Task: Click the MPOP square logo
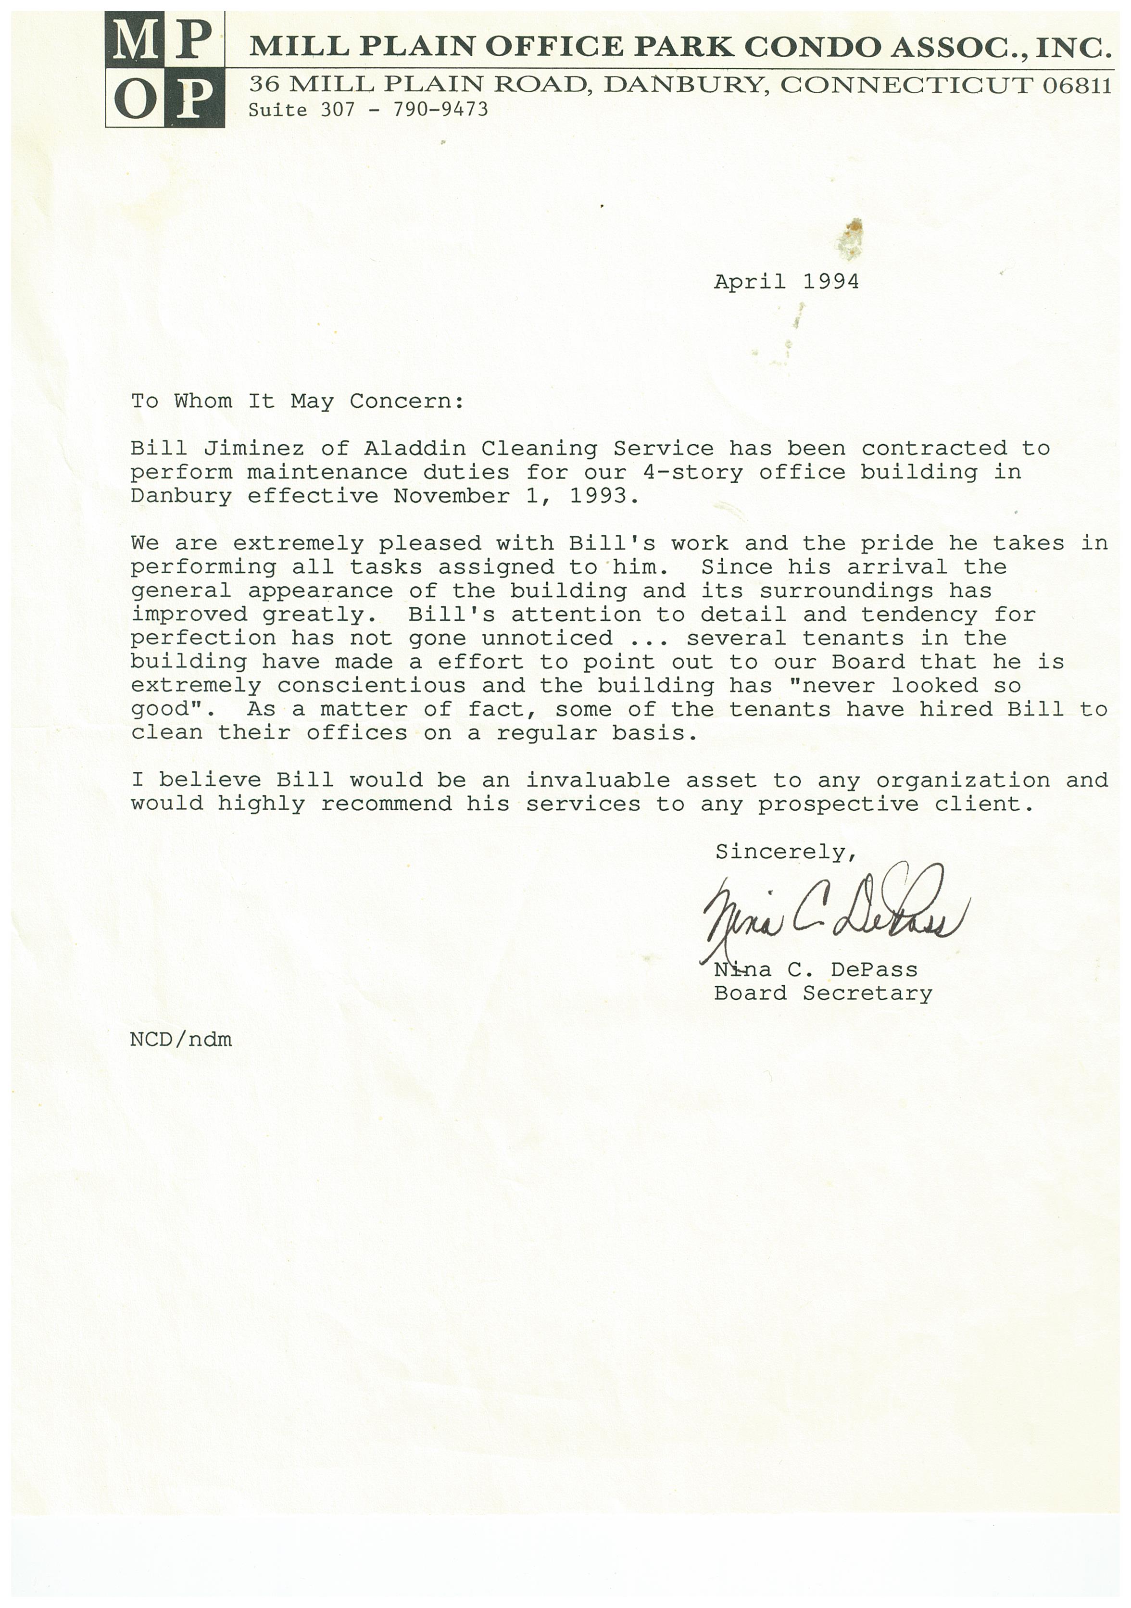[x=165, y=69]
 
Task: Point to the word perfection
[x=203, y=638]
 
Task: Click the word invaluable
[x=598, y=780]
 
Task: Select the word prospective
[x=838, y=804]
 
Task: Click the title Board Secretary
[x=823, y=994]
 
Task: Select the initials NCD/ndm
[x=181, y=1039]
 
